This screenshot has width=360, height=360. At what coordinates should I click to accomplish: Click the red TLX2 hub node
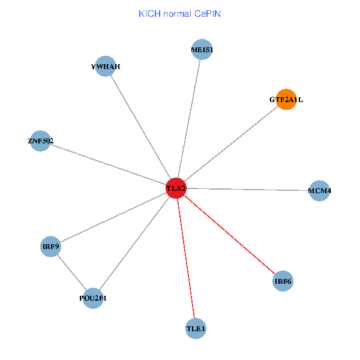click(x=176, y=188)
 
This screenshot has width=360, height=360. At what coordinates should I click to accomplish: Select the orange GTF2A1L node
click(x=286, y=100)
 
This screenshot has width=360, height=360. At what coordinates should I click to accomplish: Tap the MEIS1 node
click(x=202, y=50)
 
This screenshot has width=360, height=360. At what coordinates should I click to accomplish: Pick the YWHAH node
click(x=106, y=67)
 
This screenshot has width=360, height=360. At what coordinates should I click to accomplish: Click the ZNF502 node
click(x=40, y=141)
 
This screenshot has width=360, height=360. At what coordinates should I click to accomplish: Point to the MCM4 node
click(x=319, y=191)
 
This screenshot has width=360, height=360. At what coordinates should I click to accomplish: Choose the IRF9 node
click(x=50, y=246)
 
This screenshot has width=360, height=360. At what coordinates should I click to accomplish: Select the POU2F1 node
click(x=93, y=298)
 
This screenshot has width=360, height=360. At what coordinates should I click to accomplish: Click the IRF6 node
click(x=283, y=281)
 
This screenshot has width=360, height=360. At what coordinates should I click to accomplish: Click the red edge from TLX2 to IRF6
click(x=230, y=235)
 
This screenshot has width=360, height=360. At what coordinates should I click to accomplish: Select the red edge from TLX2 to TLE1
click(x=186, y=258)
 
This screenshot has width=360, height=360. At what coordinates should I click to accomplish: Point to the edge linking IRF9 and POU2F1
click(x=72, y=272)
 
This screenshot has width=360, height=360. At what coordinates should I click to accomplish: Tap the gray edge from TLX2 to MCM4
click(x=247, y=190)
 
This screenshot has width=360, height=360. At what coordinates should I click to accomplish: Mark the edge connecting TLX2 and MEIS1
click(x=188, y=119)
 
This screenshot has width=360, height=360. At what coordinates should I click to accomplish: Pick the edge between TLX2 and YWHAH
click(x=140, y=127)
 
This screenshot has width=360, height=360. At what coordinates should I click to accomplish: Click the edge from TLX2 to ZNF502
click(x=108, y=164)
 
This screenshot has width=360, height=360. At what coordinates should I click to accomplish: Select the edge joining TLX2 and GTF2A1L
click(x=231, y=144)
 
